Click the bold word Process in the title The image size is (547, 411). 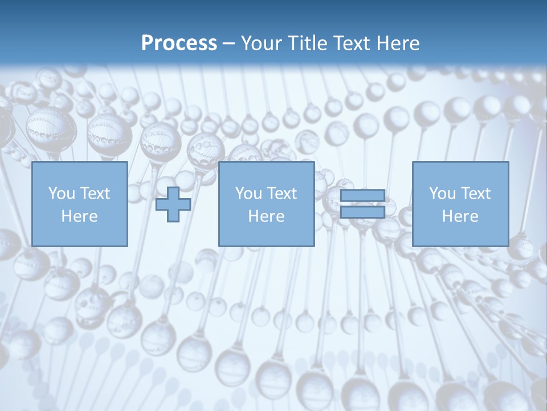(x=179, y=43)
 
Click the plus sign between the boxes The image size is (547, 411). (x=173, y=204)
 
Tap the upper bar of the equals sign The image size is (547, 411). (x=362, y=196)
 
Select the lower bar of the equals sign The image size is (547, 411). (x=362, y=212)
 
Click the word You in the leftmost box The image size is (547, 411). (x=62, y=194)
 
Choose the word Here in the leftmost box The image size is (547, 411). (x=79, y=216)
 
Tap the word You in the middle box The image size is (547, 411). (x=248, y=194)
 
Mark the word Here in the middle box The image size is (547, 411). (x=266, y=216)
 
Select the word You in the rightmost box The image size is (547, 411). (x=442, y=194)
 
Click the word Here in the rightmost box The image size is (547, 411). (x=460, y=216)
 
